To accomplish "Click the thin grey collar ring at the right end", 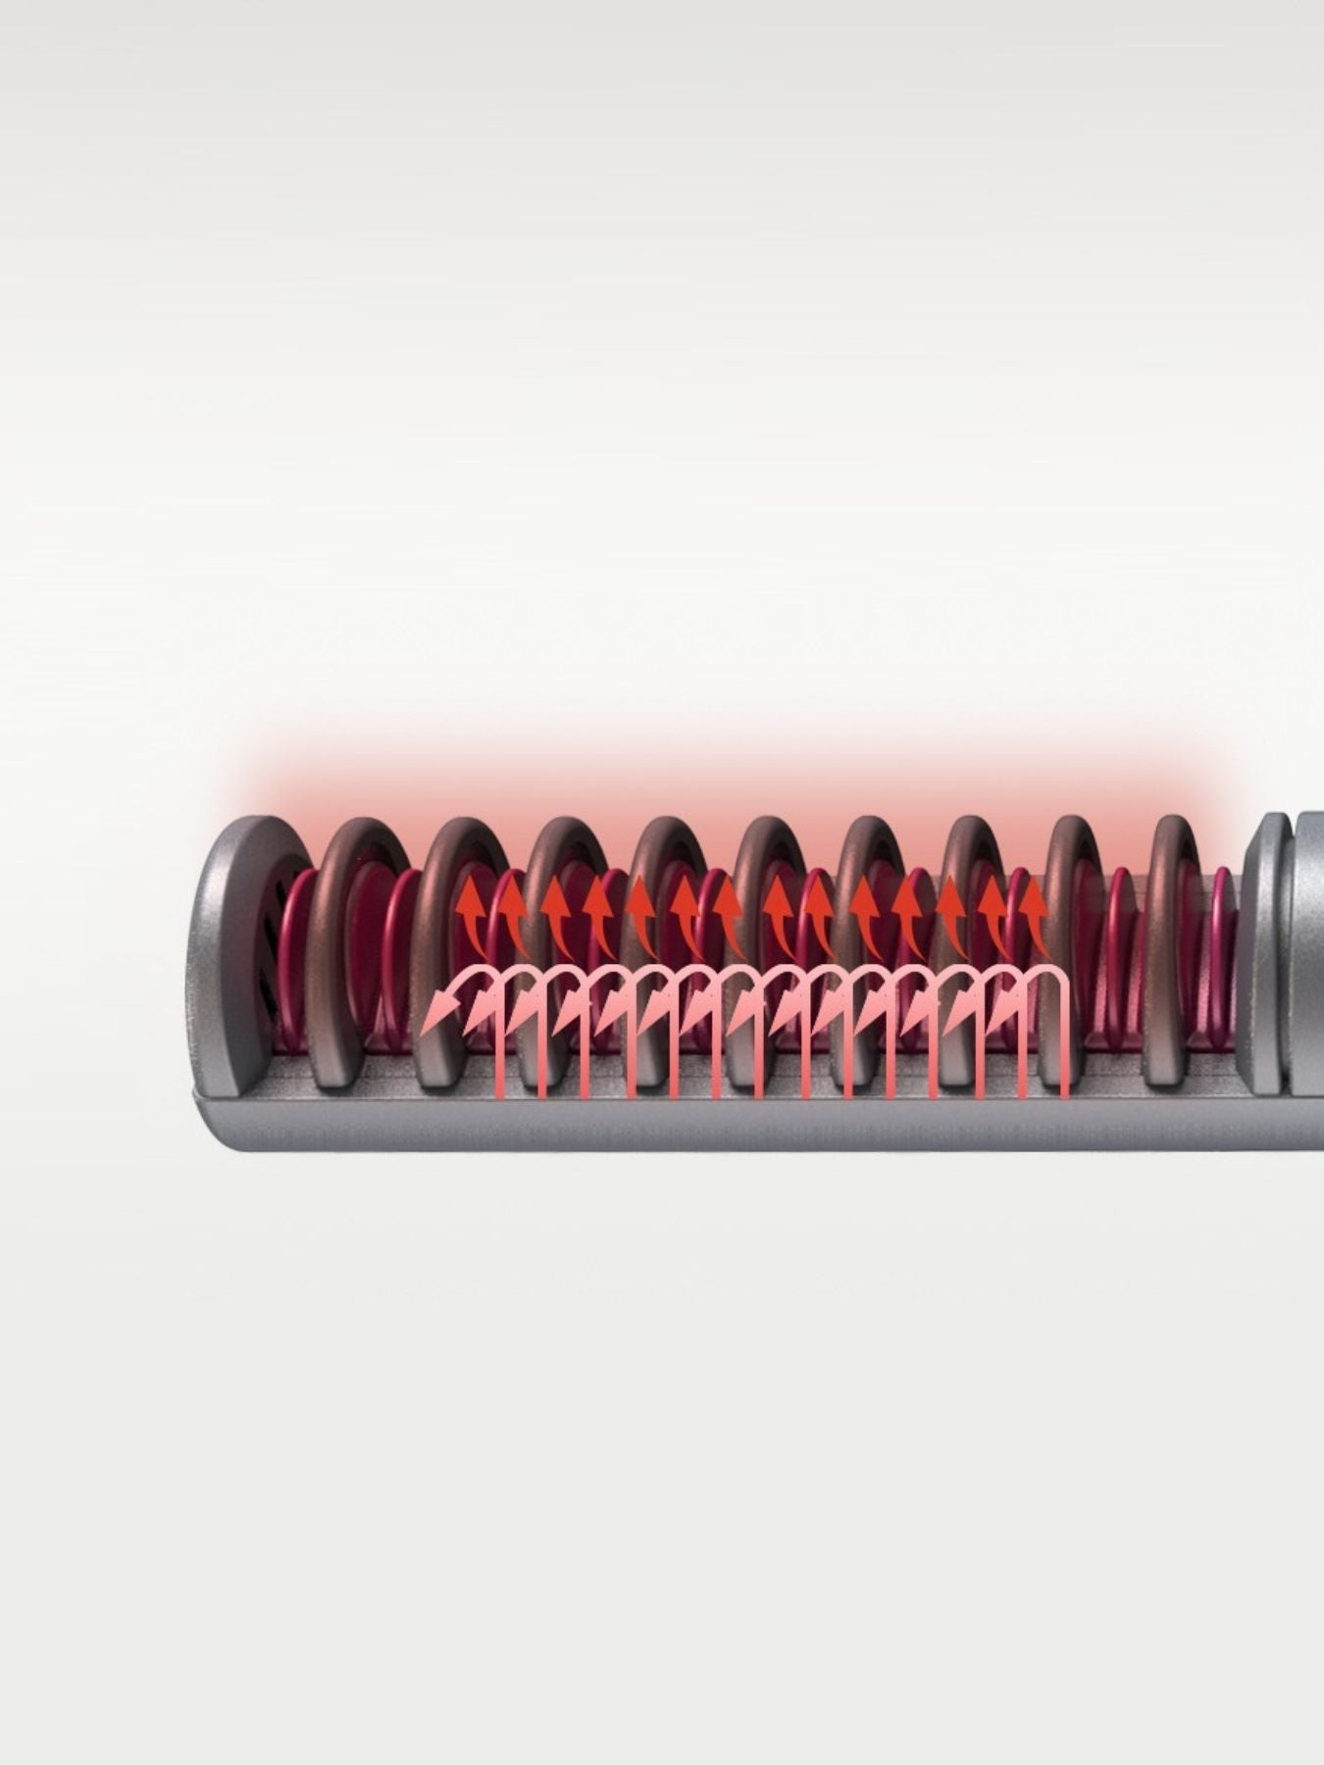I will click(1265, 951).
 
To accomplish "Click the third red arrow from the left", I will click(556, 907).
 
